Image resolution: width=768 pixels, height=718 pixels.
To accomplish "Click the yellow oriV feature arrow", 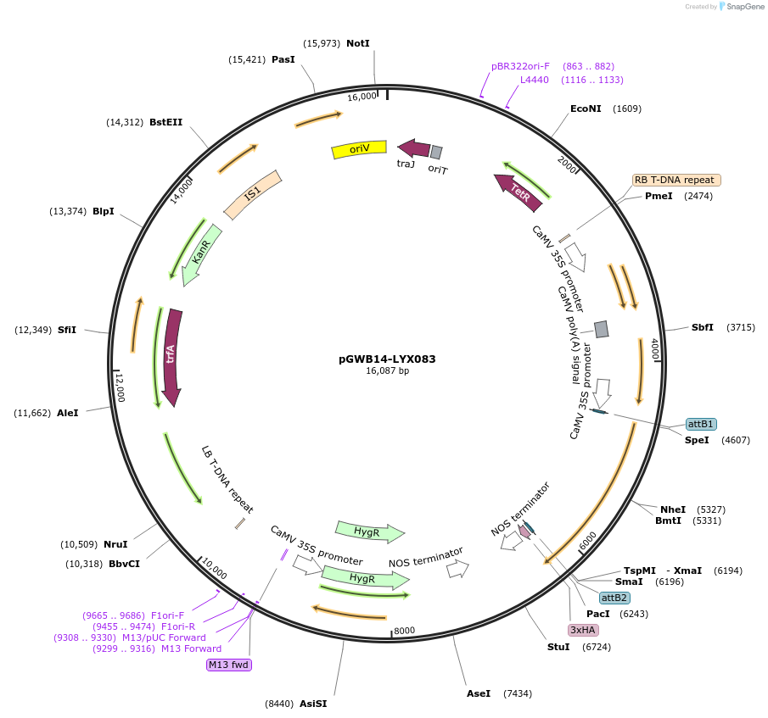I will [x=358, y=149].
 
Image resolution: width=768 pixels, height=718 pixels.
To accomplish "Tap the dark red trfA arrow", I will [x=172, y=356].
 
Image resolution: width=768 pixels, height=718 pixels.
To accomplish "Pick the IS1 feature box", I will [x=252, y=195].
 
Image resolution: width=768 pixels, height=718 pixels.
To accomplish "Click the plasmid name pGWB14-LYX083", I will [x=387, y=359].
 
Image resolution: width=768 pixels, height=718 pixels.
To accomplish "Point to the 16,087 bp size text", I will [x=387, y=371].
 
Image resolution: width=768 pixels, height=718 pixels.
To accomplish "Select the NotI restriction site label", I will [x=358, y=43].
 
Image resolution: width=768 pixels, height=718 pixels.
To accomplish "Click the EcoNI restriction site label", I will [x=586, y=109].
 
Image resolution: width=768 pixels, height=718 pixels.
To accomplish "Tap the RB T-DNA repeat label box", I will [x=676, y=180].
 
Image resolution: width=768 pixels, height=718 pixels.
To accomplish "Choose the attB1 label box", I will [x=701, y=424].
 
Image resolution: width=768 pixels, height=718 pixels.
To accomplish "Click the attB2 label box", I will [x=614, y=598].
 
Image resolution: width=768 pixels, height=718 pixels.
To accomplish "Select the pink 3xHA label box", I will [x=583, y=630].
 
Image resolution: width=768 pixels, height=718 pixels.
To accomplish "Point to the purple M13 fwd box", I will [x=229, y=665].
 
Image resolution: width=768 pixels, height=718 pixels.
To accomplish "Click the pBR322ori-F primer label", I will [x=520, y=66].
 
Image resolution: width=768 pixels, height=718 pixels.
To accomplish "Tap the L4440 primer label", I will [x=535, y=80].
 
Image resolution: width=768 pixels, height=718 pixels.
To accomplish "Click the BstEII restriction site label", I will [x=166, y=122].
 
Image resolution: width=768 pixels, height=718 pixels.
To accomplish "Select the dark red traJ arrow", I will [x=413, y=147].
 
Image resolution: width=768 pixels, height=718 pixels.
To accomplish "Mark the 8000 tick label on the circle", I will [x=404, y=630].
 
